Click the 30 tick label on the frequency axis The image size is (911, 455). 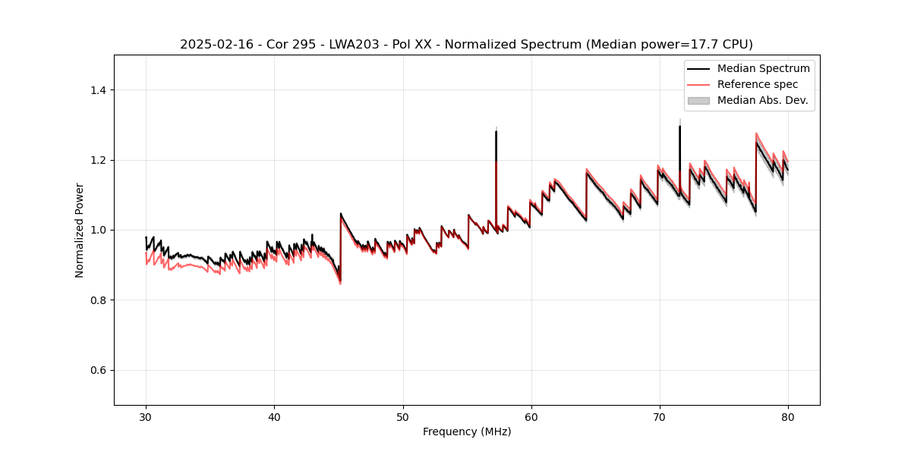146,416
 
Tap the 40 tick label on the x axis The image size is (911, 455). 274,416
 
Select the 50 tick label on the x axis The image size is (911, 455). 403,416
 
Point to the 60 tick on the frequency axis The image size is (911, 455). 531,416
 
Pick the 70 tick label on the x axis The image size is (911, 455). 660,416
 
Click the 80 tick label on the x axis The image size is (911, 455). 788,416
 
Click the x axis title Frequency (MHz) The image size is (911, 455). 467,431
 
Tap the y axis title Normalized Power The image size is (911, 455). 80,230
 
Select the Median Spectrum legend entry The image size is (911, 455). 763,68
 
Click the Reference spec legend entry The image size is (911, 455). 757,84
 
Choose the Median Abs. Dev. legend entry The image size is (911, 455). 762,100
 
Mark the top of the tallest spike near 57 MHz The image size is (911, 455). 496,131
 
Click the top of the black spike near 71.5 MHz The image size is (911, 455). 679,126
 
